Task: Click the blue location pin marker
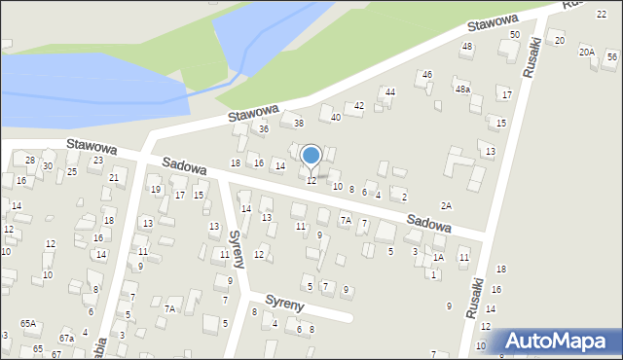(x=311, y=156)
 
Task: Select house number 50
(x=515, y=34)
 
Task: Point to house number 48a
(x=462, y=89)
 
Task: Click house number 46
(x=426, y=75)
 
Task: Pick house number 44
(x=389, y=91)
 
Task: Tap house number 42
(x=358, y=105)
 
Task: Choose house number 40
(x=336, y=117)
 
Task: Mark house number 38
(x=299, y=123)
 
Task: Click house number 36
(x=263, y=128)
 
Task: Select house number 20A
(x=586, y=52)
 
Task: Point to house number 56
(x=611, y=56)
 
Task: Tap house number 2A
(x=446, y=205)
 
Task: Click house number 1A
(x=439, y=257)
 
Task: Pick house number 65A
(x=29, y=323)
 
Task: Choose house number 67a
(x=66, y=338)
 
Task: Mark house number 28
(x=30, y=160)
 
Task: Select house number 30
(x=48, y=166)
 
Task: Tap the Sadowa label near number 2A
(x=429, y=223)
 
